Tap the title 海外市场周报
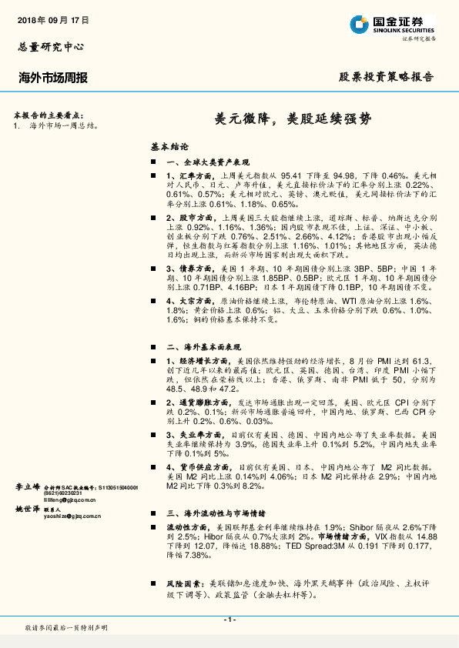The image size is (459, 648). [52, 78]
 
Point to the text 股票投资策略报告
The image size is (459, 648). [387, 78]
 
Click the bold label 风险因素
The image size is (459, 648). [183, 585]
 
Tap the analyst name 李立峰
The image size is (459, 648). [28, 487]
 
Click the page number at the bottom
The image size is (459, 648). [229, 620]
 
